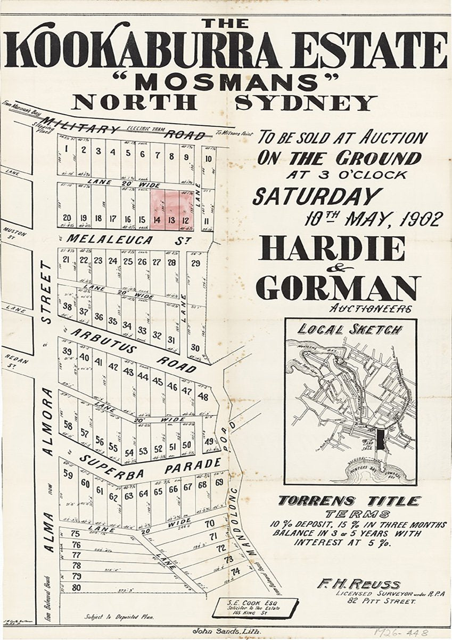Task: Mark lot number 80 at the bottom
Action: [76, 587]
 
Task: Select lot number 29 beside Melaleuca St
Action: [195, 263]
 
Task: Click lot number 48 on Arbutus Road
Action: [202, 397]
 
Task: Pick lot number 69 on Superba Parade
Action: [219, 483]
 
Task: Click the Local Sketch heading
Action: [350, 330]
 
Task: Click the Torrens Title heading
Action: [349, 501]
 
